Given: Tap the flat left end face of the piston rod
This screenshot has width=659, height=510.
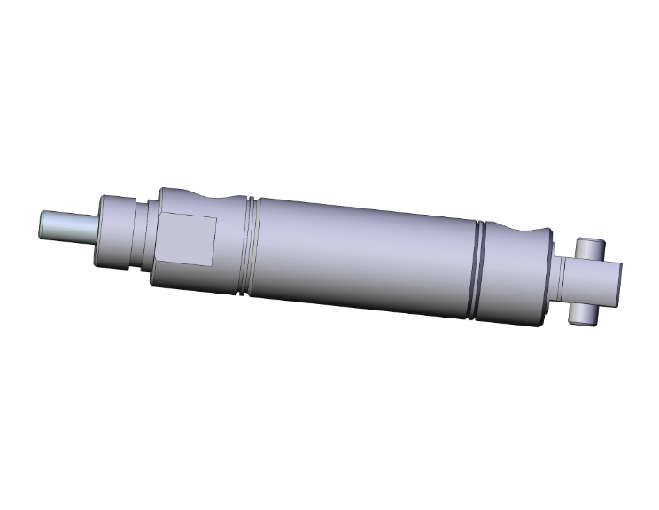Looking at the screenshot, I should pos(44,222).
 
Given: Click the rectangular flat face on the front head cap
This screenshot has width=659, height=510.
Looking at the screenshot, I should pos(186,239).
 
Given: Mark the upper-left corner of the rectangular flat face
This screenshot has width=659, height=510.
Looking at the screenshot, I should pos(161,215).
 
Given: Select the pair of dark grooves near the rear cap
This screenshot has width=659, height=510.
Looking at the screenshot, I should pos(479,273).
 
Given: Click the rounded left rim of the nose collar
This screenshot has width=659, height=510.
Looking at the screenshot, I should pos(101,228).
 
